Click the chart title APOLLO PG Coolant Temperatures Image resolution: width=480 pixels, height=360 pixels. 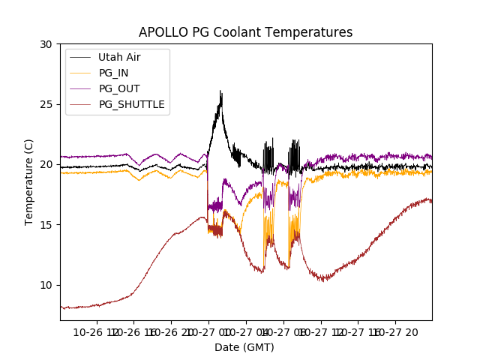[245, 32]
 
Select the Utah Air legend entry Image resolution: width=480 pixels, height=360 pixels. [119, 57]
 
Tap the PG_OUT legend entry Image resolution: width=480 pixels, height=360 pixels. [119, 88]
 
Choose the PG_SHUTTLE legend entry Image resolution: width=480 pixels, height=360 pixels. [131, 104]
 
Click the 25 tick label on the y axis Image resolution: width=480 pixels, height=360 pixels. [46, 104]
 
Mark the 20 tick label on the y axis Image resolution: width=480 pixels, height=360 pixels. [46, 164]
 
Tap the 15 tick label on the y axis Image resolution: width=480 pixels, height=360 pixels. [46, 224]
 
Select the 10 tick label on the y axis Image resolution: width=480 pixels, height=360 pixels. [46, 285]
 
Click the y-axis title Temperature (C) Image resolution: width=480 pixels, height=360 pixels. [29, 182]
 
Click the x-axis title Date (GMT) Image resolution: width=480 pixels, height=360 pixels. [244, 347]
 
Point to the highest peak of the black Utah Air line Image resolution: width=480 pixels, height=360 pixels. [220, 91]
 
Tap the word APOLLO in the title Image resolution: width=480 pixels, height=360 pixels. [163, 32]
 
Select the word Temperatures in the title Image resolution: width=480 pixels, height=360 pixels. [316, 32]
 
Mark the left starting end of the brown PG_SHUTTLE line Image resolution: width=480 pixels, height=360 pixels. [61, 307]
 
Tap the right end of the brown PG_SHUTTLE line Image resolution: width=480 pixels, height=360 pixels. [431, 202]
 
